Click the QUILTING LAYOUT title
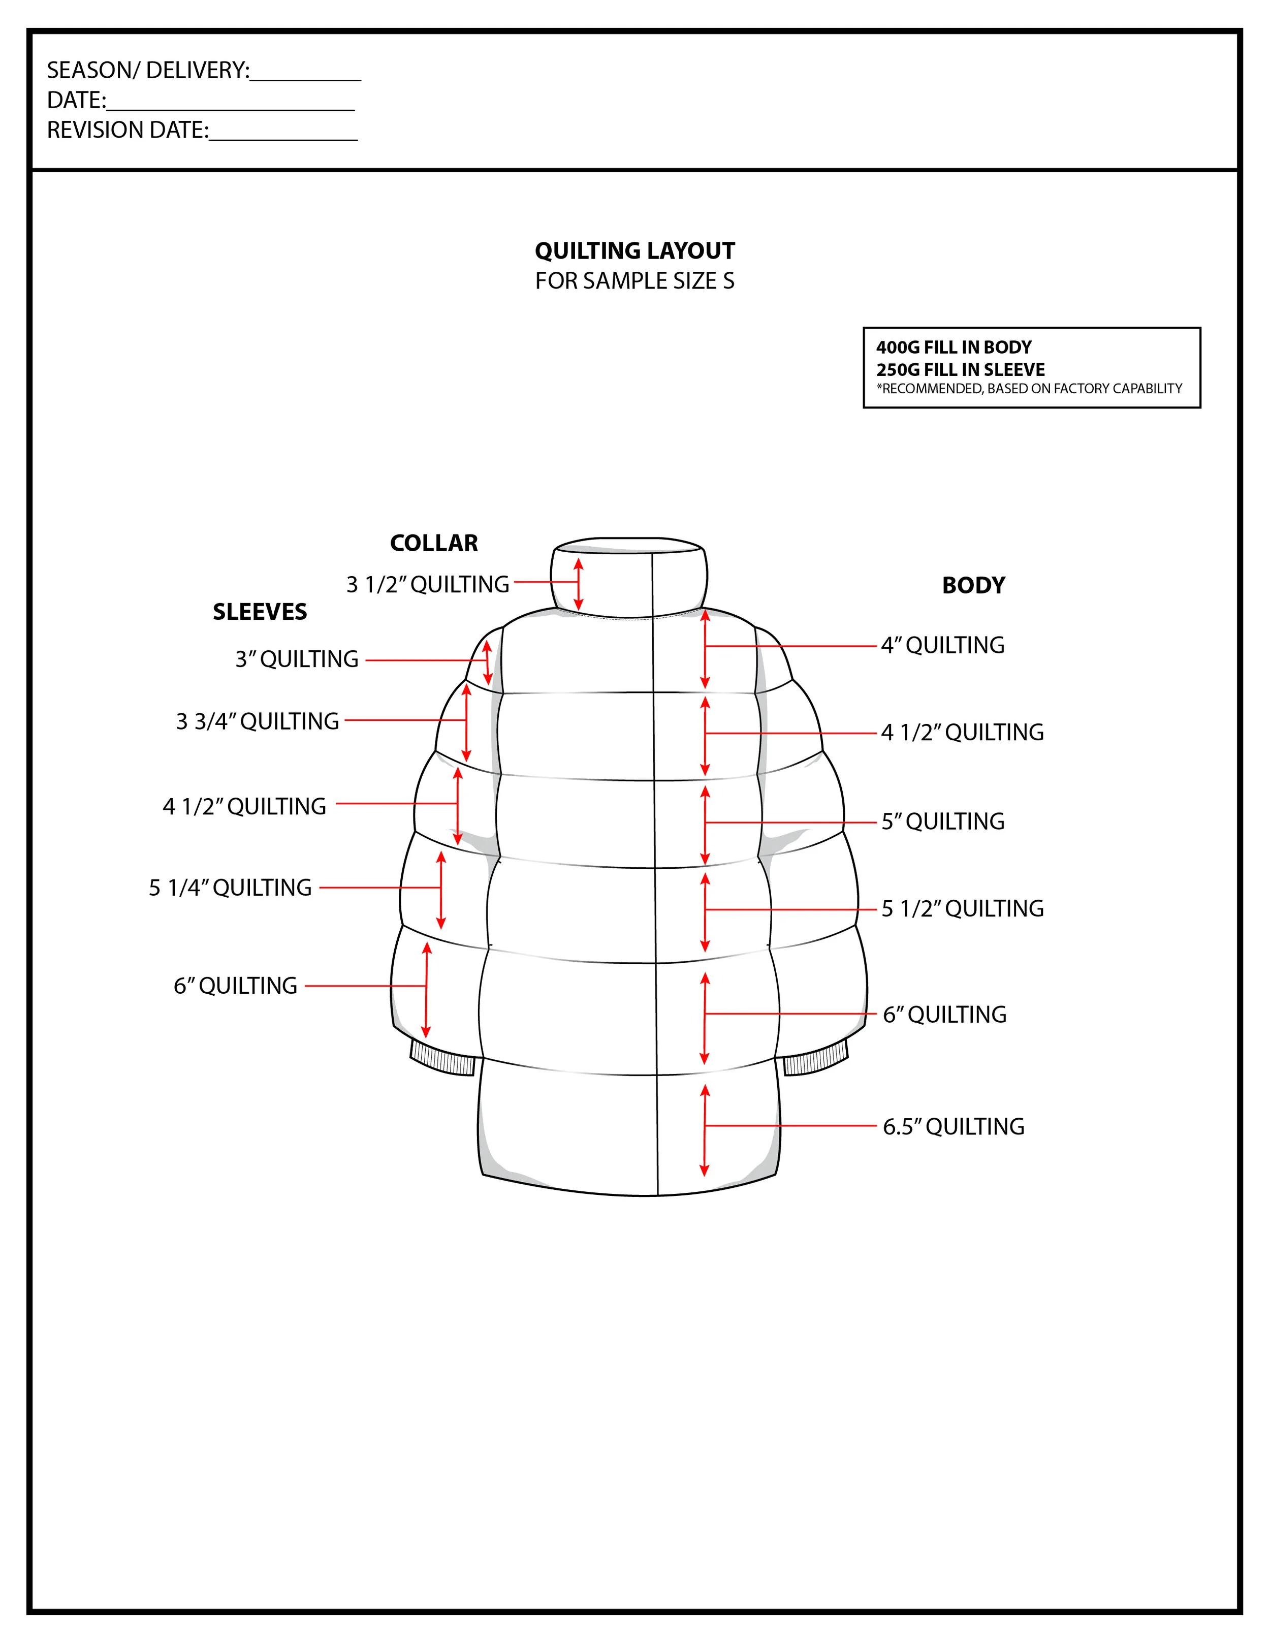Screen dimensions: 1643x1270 click(634, 250)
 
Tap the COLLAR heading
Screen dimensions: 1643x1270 click(433, 543)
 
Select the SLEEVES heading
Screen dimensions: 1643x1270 click(260, 612)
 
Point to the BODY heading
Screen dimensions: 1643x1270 click(973, 585)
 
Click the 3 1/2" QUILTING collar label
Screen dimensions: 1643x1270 click(427, 585)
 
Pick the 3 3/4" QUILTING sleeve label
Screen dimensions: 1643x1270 click(258, 721)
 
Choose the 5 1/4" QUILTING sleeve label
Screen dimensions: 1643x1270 click(230, 888)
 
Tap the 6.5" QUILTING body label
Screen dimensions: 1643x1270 click(953, 1126)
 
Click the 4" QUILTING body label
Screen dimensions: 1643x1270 click(943, 645)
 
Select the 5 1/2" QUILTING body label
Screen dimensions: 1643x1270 click(962, 909)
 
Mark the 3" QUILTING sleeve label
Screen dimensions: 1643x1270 click(297, 659)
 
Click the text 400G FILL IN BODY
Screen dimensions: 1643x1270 click(953, 347)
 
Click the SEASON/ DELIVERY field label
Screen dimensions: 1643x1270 click(147, 70)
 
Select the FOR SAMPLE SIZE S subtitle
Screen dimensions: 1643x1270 click(634, 280)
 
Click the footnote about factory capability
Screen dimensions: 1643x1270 click(1029, 389)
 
